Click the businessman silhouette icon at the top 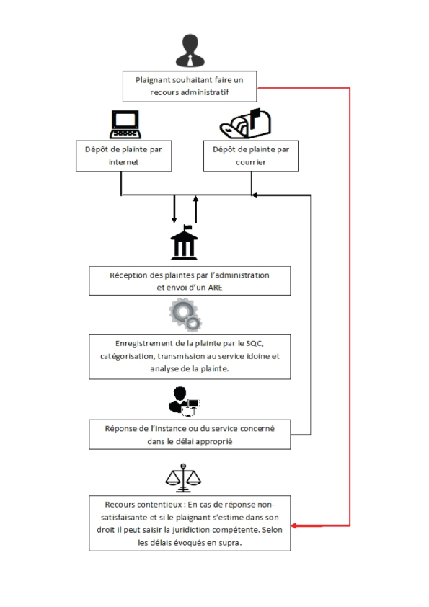(190, 50)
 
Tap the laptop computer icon (125, 124)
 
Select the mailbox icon (245, 123)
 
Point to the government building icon (185, 242)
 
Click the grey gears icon (185, 314)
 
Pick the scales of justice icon (183, 478)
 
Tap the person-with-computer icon (185, 401)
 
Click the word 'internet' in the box (123, 162)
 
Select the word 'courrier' (251, 162)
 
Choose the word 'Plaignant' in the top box (153, 80)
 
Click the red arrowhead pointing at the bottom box (294, 526)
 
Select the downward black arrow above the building (174, 209)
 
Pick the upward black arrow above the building (195, 209)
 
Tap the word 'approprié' (214, 442)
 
